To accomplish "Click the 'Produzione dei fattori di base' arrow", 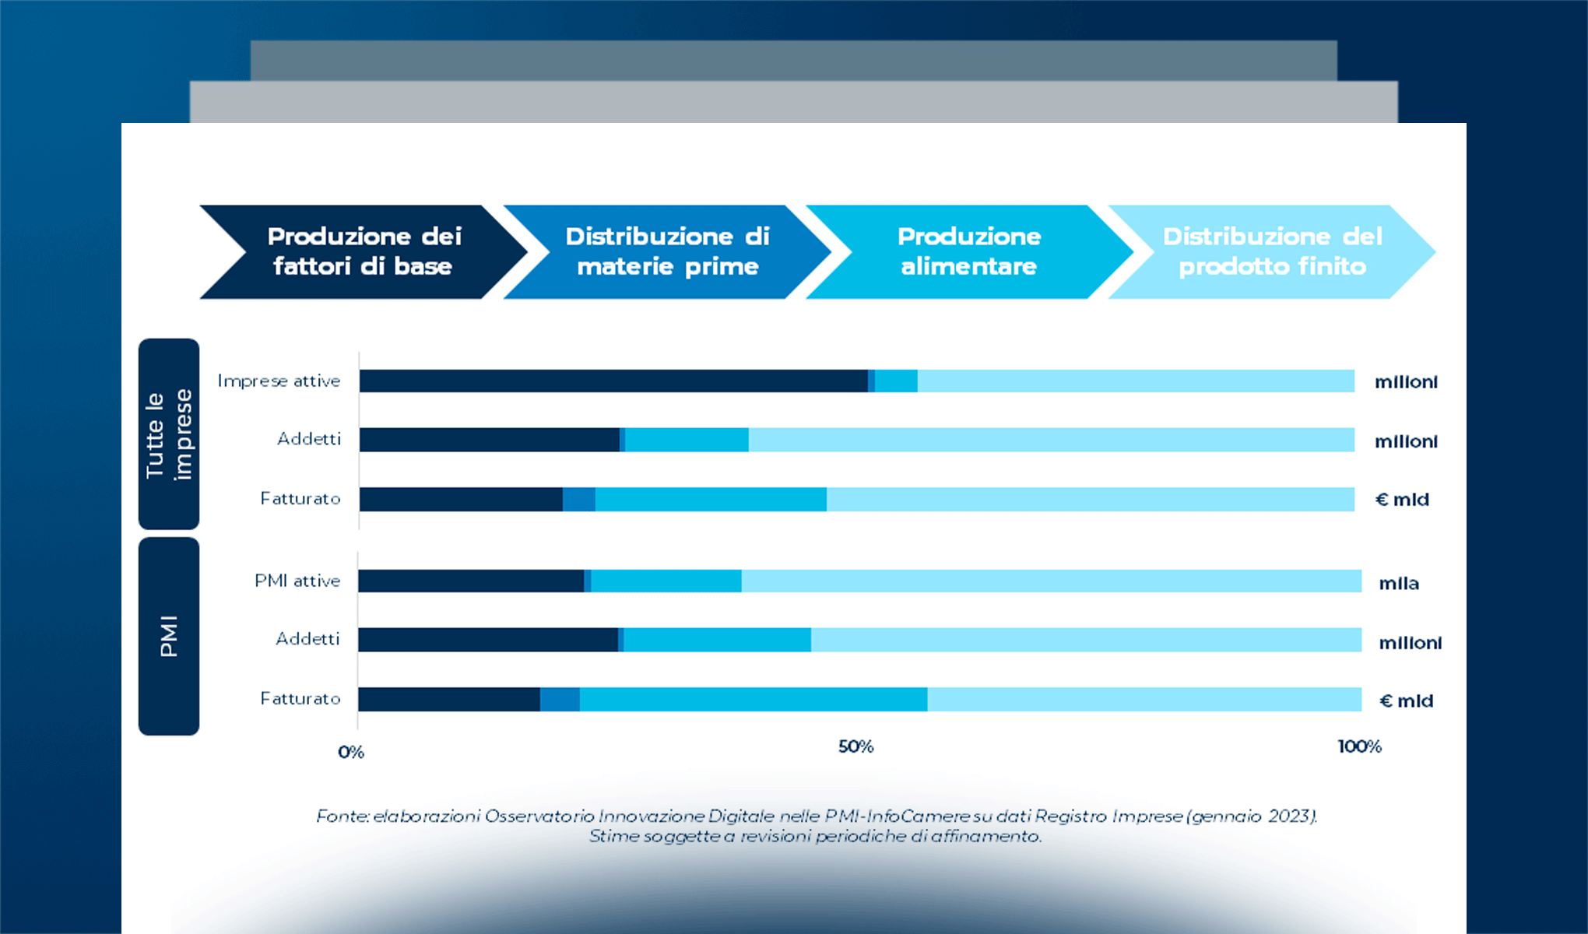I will [364, 251].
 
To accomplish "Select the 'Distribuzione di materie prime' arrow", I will [667, 251].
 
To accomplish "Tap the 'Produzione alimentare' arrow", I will [968, 251].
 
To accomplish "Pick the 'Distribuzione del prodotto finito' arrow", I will [1271, 251].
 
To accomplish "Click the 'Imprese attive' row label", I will [279, 381].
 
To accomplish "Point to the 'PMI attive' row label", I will [297, 581].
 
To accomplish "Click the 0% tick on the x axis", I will [351, 752].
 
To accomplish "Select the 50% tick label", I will [855, 746].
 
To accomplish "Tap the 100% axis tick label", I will [1359, 746].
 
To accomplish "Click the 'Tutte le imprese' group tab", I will [168, 434].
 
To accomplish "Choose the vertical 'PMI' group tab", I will [168, 636].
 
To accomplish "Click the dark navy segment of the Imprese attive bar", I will [613, 381].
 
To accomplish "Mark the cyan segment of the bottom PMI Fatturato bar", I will [753, 699].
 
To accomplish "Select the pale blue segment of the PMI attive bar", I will [1051, 581].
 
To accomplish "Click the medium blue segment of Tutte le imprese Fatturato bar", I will [579, 499].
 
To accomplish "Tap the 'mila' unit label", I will [1399, 583].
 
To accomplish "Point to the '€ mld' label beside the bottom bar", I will [1406, 700].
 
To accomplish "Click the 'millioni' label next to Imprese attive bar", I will [1406, 381].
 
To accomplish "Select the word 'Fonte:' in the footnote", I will [343, 816].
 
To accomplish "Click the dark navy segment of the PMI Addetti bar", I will [488, 640].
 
